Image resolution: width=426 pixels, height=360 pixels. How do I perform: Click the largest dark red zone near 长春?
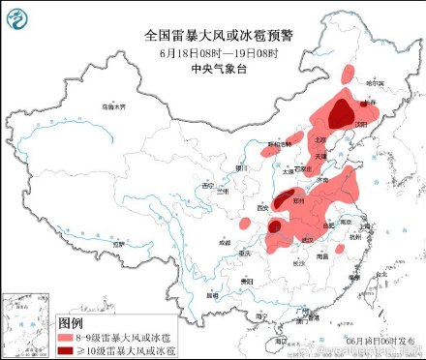click(340, 117)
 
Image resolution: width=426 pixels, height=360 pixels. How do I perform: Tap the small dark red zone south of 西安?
click(275, 227)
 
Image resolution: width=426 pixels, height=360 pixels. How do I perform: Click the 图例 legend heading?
click(71, 320)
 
